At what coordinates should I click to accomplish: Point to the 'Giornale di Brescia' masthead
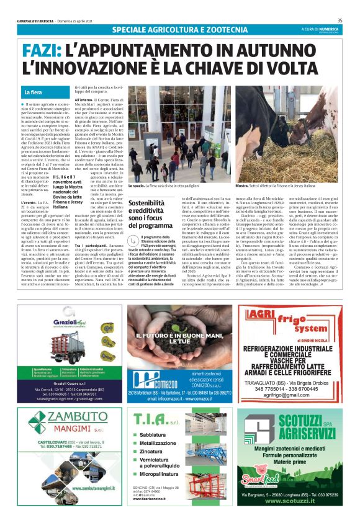pyautogui.click(x=38, y=20)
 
